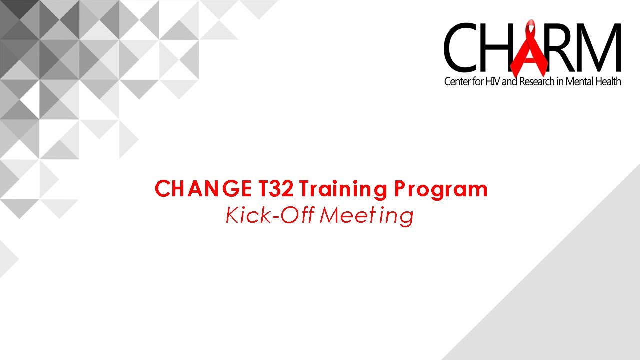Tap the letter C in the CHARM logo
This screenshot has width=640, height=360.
(x=460, y=48)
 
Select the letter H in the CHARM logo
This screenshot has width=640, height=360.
(x=497, y=48)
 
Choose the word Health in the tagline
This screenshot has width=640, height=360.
(x=608, y=82)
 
